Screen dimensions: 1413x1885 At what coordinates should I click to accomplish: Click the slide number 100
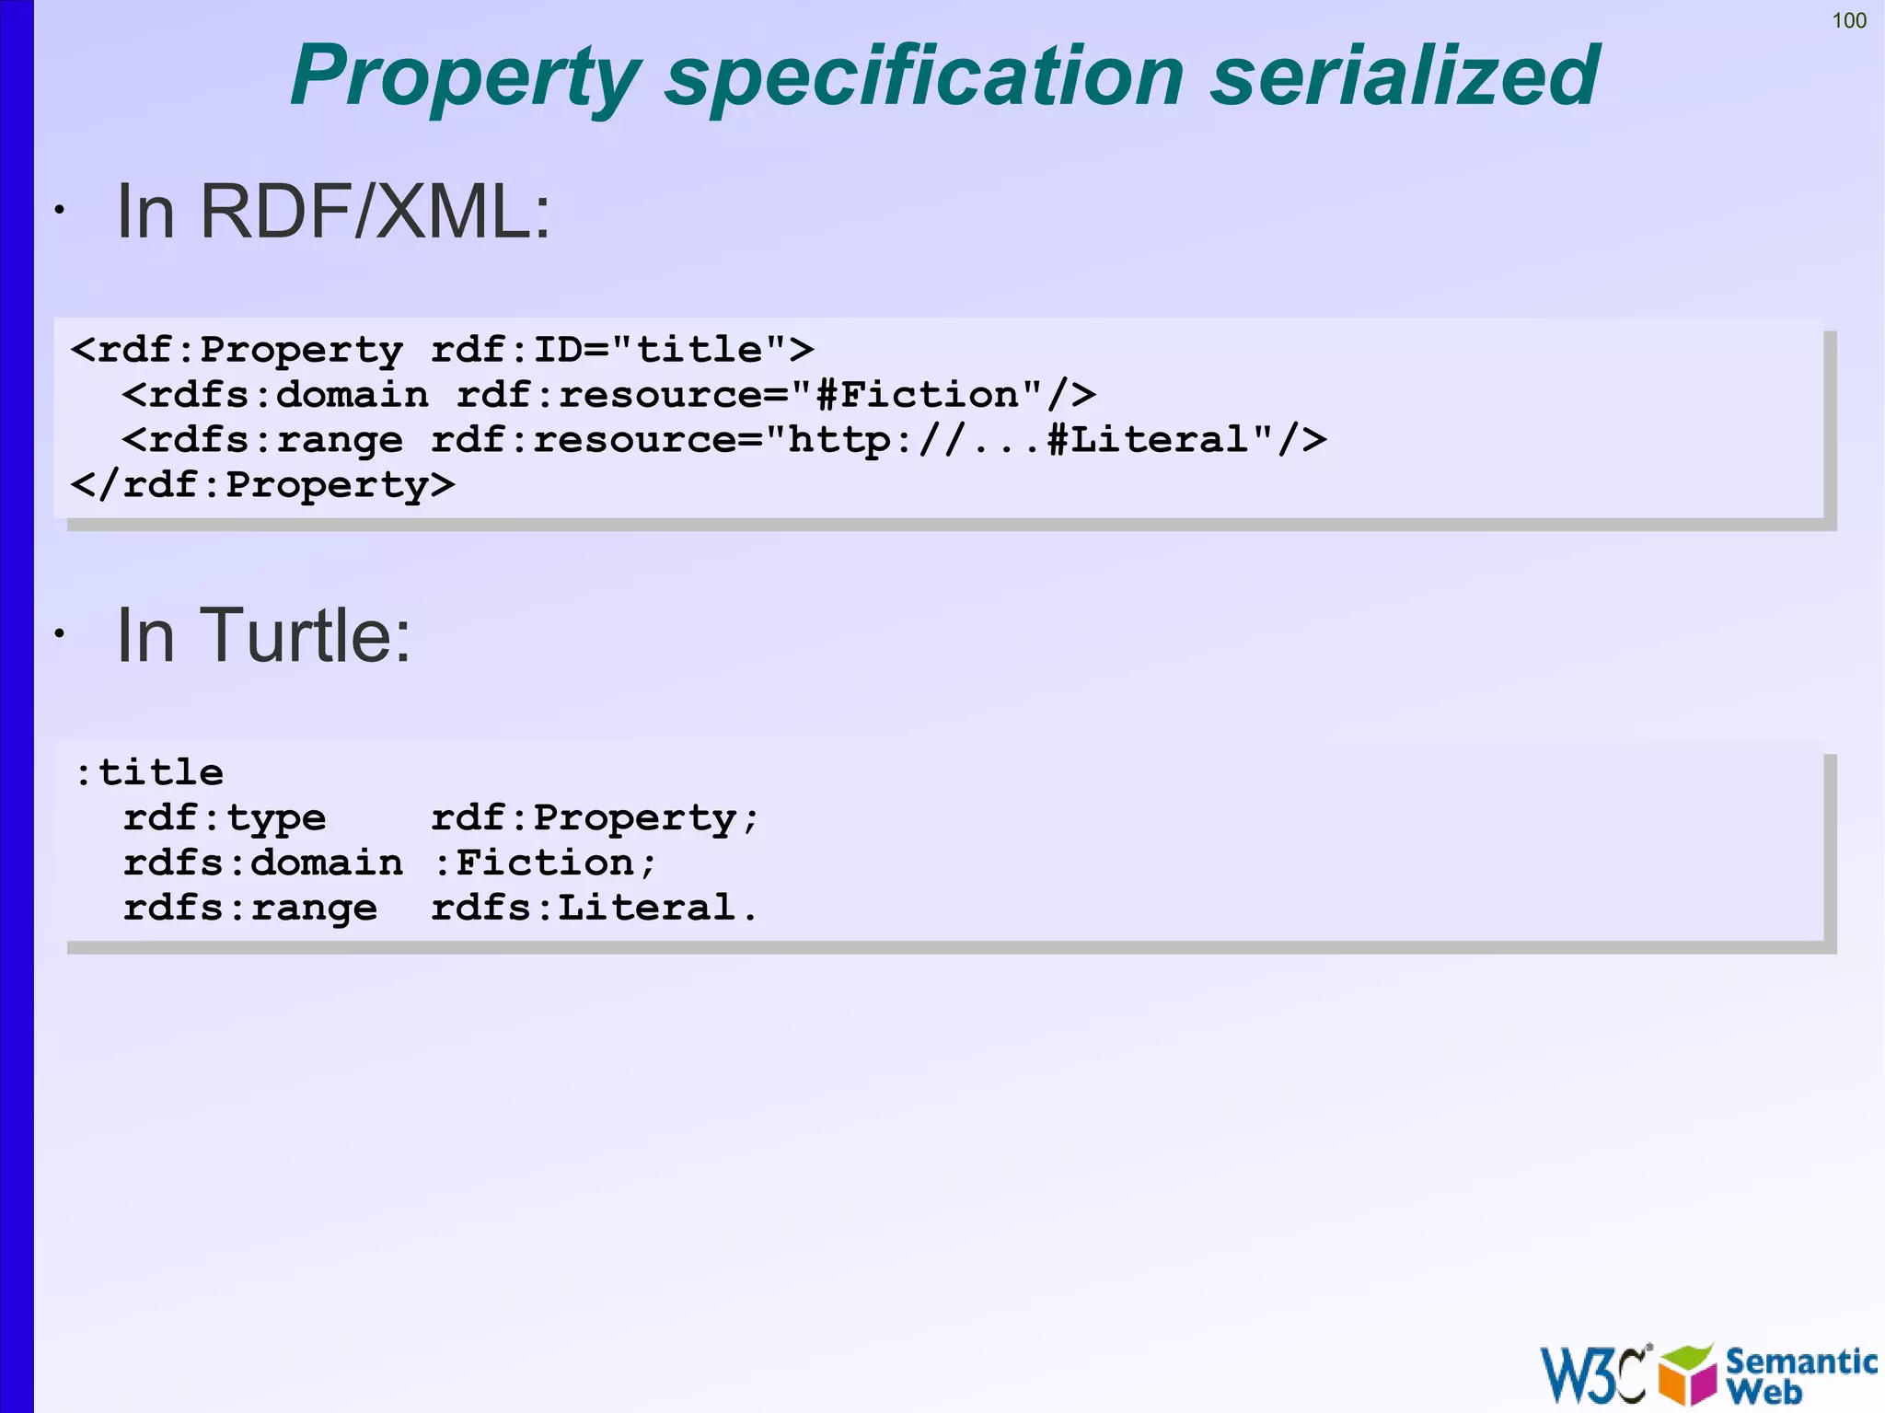coord(1848,20)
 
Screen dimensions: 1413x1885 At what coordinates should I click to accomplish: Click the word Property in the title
coord(465,77)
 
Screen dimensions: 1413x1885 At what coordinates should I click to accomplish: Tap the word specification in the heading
coord(924,77)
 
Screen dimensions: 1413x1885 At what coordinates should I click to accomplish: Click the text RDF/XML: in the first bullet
coord(375,212)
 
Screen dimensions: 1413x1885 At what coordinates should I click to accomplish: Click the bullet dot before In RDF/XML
coord(59,211)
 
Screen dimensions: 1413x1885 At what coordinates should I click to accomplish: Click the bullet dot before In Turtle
coord(59,633)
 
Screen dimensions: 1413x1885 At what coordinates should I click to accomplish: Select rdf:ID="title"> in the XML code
coord(622,350)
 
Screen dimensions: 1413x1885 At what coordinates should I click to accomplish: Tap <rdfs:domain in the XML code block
coord(275,395)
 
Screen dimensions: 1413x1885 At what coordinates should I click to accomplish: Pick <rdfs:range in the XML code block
coord(262,440)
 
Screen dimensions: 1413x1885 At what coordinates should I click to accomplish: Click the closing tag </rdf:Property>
coord(262,485)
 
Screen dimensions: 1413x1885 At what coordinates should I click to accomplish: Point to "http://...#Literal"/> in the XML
coord(1057,440)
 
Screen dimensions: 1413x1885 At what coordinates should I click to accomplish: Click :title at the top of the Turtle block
coord(149,771)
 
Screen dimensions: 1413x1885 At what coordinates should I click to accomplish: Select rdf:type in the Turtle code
coord(224,817)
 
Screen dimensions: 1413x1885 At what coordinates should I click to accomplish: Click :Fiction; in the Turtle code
coord(544,863)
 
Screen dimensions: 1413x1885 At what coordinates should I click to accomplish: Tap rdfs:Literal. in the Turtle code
coord(594,908)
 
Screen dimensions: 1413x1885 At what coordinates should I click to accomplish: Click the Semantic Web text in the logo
coord(1799,1375)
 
